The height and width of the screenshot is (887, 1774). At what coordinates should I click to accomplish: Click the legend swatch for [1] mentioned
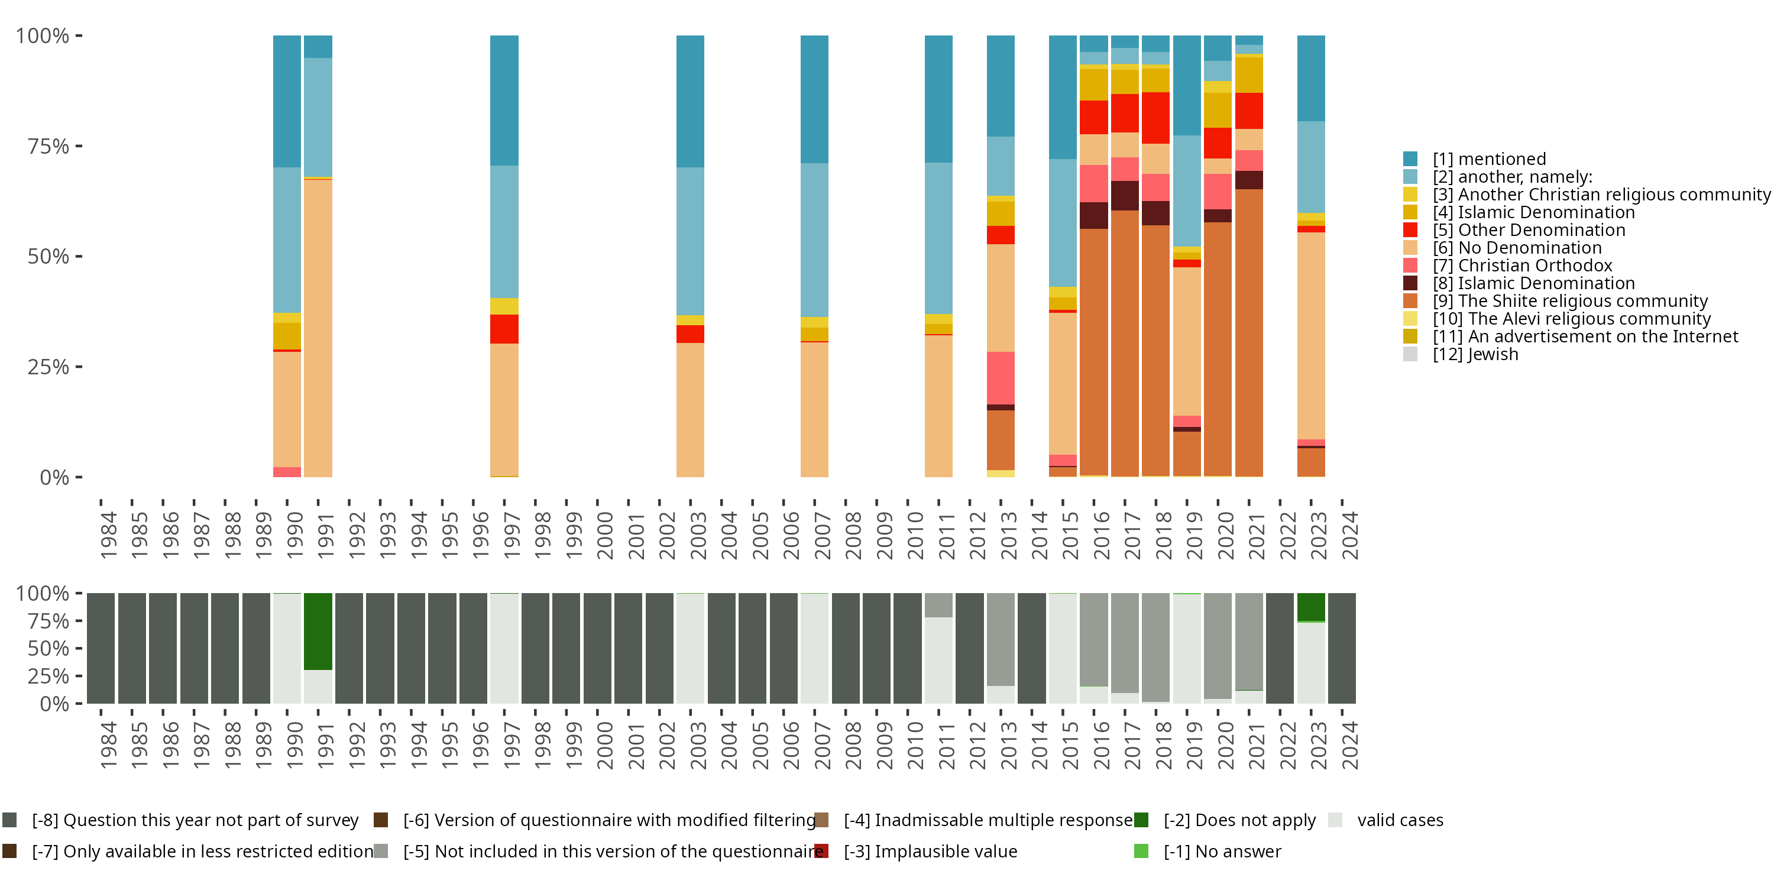pyautogui.click(x=1410, y=159)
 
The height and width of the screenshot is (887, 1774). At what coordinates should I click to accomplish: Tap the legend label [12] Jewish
pyautogui.click(x=1475, y=355)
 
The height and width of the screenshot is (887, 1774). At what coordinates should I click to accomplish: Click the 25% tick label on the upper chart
pyautogui.click(x=48, y=367)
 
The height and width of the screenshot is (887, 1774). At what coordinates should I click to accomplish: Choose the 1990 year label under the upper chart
pyautogui.click(x=294, y=535)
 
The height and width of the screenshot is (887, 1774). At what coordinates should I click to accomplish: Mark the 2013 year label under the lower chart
pyautogui.click(x=1008, y=745)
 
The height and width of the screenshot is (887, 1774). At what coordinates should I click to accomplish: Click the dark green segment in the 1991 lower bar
pyautogui.click(x=318, y=631)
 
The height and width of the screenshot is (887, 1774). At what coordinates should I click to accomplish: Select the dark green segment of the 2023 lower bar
pyautogui.click(x=1311, y=607)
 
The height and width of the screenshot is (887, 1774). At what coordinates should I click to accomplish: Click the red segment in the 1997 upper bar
pyautogui.click(x=504, y=329)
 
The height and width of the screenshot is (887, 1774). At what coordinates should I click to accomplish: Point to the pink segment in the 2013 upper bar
pyautogui.click(x=1001, y=378)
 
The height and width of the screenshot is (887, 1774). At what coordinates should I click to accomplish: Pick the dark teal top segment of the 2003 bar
pyautogui.click(x=690, y=101)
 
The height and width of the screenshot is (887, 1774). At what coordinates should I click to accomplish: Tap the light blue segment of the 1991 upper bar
pyautogui.click(x=318, y=117)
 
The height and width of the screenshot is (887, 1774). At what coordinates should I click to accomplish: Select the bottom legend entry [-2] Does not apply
pyautogui.click(x=1239, y=820)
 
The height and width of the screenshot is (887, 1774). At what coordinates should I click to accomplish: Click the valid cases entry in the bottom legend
pyautogui.click(x=1399, y=820)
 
